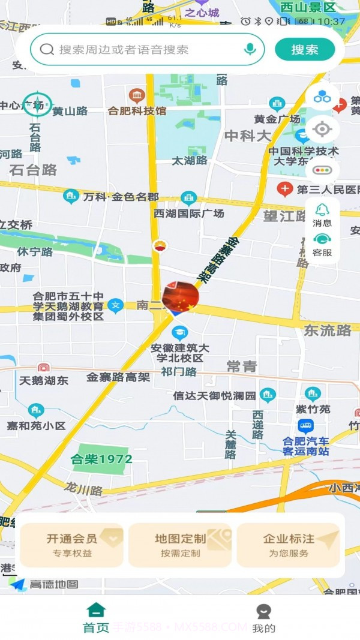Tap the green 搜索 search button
305,50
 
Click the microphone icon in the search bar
250,50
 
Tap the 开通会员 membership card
71,545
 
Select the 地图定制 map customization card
180,545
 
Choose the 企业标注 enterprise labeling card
289,545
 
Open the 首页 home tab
96,618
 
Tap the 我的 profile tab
263,618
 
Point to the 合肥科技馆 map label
137,110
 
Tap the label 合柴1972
101,459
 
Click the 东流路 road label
328,330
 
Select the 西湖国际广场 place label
188,214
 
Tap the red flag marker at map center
181,296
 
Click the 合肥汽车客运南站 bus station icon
305,426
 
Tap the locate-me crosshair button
322,129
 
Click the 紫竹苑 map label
313,409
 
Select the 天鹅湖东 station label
44,380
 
